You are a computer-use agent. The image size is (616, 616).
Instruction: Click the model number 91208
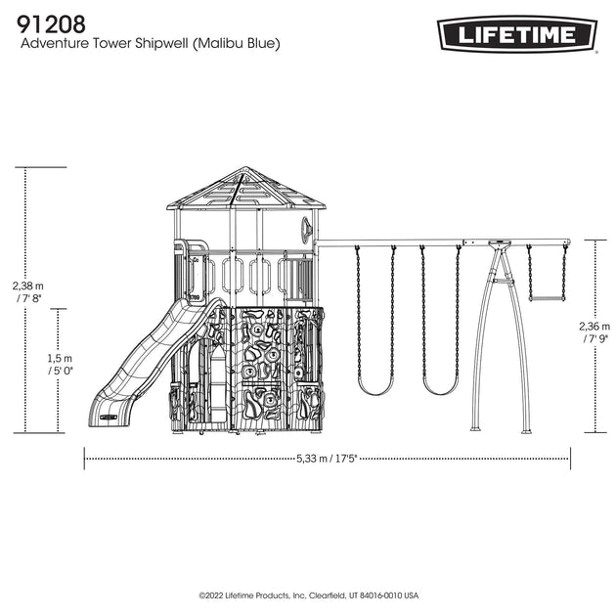click(x=51, y=24)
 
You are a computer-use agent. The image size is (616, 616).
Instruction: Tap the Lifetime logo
click(x=517, y=34)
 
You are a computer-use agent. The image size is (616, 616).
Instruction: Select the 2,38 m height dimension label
click(x=28, y=292)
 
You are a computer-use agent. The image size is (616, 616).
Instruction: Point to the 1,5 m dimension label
click(x=60, y=364)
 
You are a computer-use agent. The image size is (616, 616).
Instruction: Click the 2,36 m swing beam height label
click(x=594, y=332)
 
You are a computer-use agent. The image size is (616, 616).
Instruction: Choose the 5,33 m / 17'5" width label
click(x=327, y=459)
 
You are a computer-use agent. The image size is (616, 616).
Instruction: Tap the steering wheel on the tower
click(x=307, y=228)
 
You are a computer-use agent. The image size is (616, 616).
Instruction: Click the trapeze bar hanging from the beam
click(x=547, y=299)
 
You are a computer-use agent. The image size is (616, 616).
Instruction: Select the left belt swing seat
click(x=375, y=390)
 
